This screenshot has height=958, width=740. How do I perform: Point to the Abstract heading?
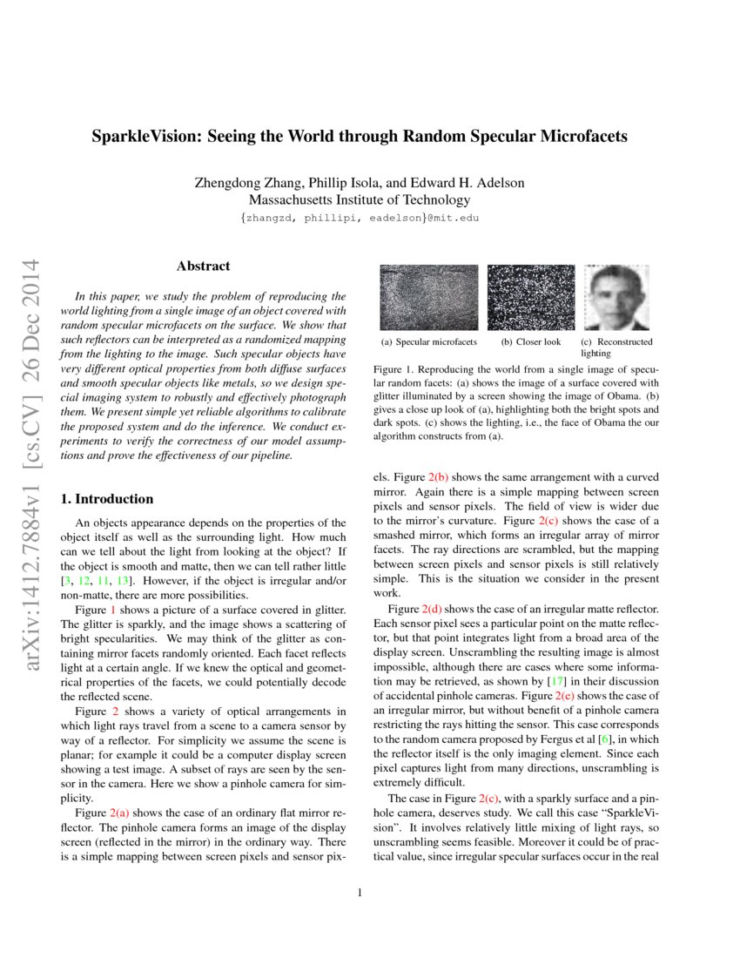tap(203, 266)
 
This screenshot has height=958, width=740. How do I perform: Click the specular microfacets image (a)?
tap(429, 297)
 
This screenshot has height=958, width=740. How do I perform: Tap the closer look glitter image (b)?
tap(531, 297)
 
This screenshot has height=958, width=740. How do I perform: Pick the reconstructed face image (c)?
tap(617, 297)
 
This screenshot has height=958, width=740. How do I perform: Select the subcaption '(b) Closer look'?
tap(531, 342)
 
